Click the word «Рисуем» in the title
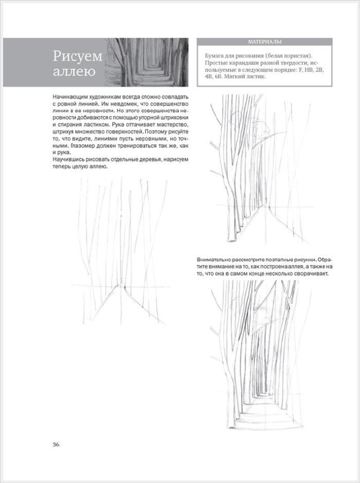[x=77, y=55]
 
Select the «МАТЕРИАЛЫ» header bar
[x=264, y=42]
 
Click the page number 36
[x=56, y=444]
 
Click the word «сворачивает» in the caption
[x=310, y=273]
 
